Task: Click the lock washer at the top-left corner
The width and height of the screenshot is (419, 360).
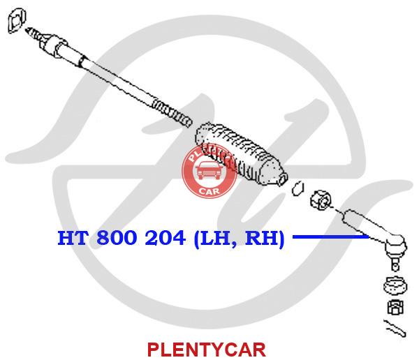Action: click(17, 20)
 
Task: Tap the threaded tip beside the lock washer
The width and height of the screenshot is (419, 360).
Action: click(34, 33)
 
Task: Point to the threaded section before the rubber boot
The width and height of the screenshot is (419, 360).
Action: click(172, 113)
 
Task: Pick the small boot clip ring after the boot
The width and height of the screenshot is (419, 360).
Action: click(297, 188)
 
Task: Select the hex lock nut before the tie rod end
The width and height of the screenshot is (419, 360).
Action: click(321, 200)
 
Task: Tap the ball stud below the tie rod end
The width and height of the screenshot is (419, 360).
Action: click(395, 263)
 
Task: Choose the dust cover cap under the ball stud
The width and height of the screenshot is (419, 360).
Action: click(395, 286)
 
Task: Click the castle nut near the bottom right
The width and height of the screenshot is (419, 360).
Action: click(395, 307)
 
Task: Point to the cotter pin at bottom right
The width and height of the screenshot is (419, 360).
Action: click(395, 328)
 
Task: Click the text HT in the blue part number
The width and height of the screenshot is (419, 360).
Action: click(73, 238)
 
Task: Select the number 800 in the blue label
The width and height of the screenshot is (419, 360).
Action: click(117, 238)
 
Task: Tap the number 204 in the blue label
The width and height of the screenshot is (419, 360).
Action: click(165, 238)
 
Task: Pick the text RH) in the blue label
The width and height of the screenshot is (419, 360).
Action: click(265, 239)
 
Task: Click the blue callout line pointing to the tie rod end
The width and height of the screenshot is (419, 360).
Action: click(331, 237)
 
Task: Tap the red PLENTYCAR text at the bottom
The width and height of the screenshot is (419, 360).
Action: click(207, 350)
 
